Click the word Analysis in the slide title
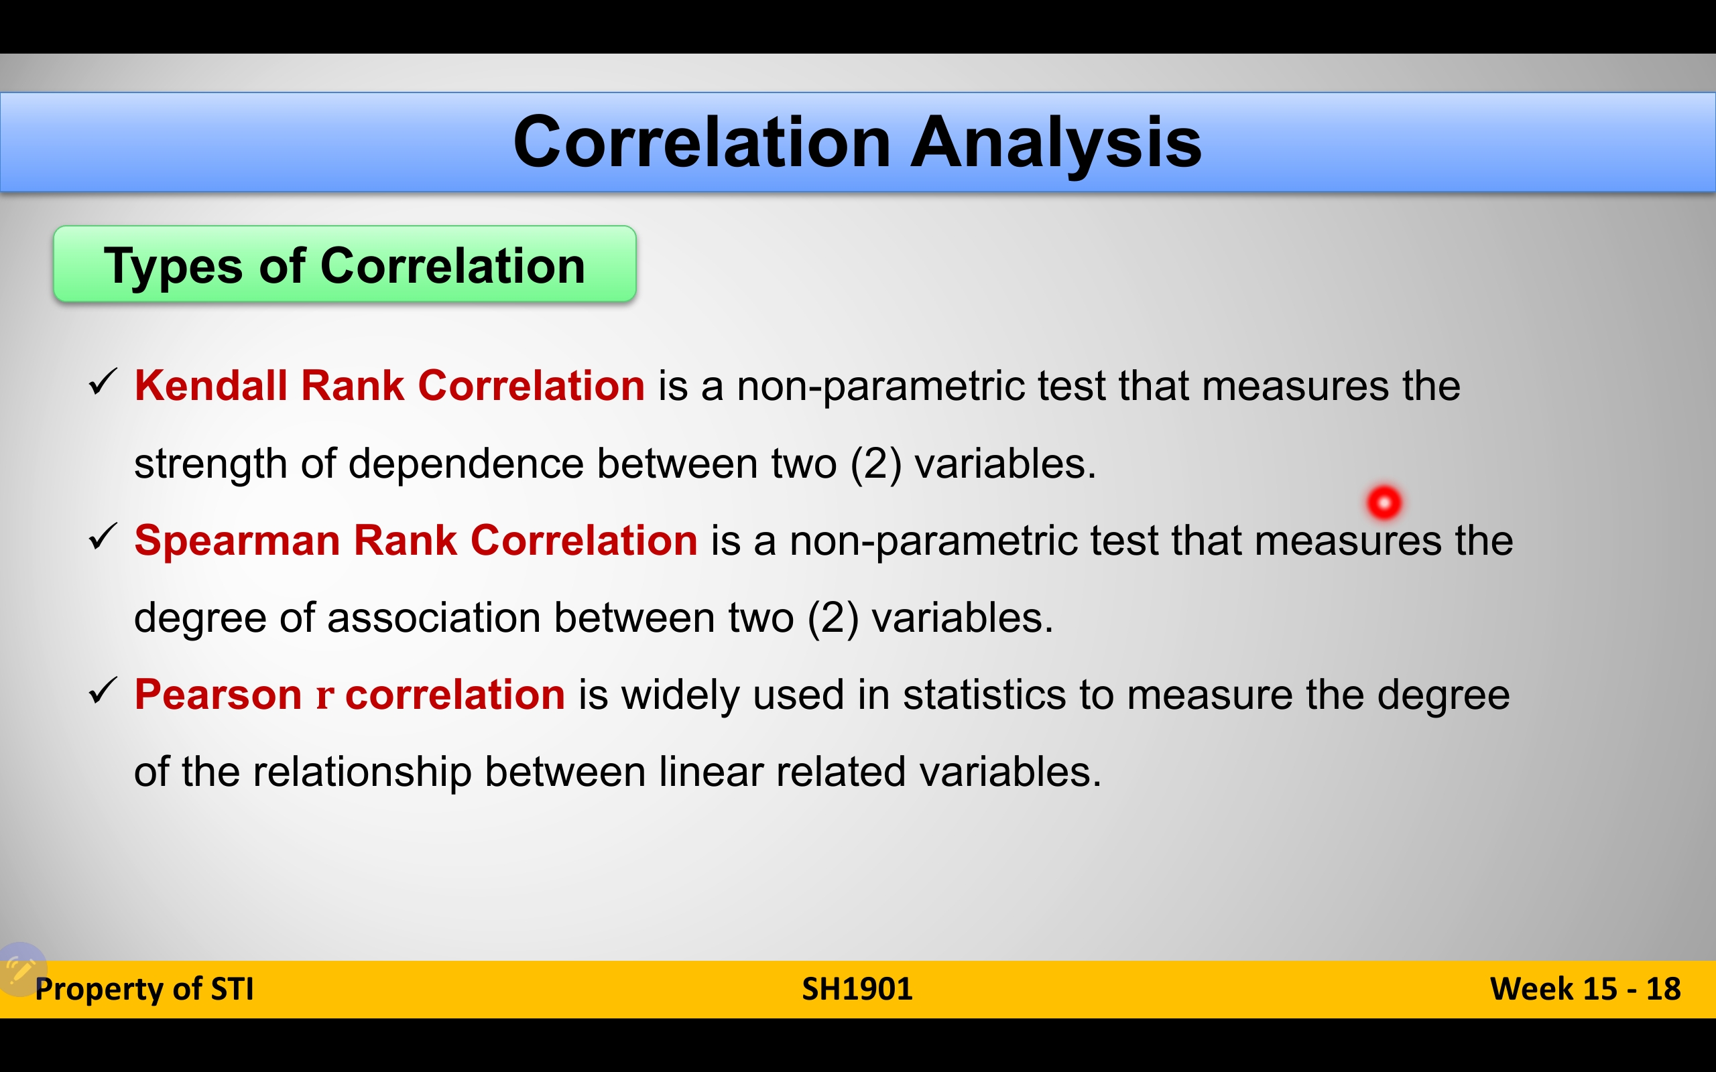tap(1056, 144)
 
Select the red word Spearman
tap(237, 541)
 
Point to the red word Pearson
tap(219, 694)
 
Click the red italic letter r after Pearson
tap(324, 696)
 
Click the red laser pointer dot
tap(1384, 503)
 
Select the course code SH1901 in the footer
tap(857, 989)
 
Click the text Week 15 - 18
tap(1585, 989)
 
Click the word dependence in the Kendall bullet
tap(466, 464)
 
